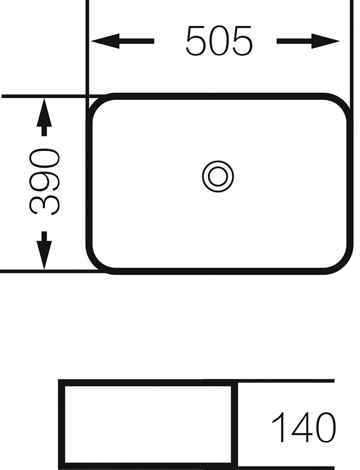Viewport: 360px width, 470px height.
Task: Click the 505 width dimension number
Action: pyautogui.click(x=219, y=41)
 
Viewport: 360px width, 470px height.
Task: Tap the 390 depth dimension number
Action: pyautogui.click(x=44, y=181)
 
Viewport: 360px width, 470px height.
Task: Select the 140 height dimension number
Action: pyautogui.click(x=303, y=427)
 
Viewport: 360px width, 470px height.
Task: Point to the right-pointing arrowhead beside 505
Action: pyautogui.click(x=326, y=41)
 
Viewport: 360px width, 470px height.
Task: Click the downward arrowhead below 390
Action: pyautogui.click(x=44, y=255)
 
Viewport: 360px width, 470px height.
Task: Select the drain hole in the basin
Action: pyautogui.click(x=218, y=176)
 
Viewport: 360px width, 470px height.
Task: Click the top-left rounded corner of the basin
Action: pyautogui.click(x=95, y=105)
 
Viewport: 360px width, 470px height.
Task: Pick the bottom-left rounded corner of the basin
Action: pyautogui.click(x=95, y=263)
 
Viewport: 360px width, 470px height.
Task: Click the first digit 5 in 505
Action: pyautogui.click(x=196, y=41)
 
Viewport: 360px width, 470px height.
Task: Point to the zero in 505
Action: pyautogui.click(x=219, y=41)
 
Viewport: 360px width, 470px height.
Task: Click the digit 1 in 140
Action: pyautogui.click(x=278, y=427)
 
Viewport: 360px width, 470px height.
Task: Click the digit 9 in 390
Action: pyautogui.click(x=44, y=182)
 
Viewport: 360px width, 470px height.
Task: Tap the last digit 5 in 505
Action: pyautogui.click(x=242, y=41)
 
